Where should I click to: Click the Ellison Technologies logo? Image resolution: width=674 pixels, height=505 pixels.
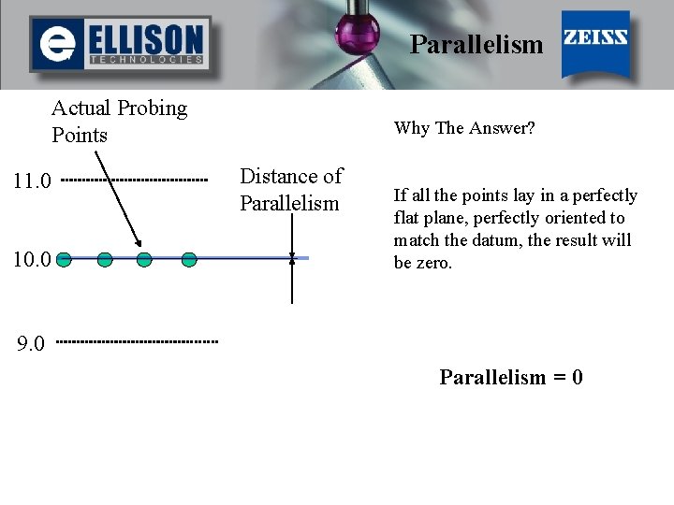click(119, 44)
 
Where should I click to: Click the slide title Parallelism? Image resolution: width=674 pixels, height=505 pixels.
click(476, 44)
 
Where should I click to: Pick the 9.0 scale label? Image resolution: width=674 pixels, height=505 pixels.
click(31, 344)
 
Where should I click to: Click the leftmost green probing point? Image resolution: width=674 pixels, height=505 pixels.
click(63, 259)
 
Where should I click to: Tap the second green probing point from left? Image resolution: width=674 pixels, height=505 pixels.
click(105, 259)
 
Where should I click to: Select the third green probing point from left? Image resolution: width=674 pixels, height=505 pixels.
click(144, 259)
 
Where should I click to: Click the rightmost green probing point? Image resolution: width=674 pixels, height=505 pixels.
click(188, 259)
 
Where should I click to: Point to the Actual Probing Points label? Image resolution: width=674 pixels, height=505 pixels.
click(119, 122)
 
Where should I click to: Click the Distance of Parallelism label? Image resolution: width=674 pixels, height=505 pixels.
click(290, 189)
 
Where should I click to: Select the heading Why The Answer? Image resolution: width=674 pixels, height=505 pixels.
click(464, 128)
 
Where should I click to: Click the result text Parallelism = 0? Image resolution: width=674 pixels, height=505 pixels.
click(511, 378)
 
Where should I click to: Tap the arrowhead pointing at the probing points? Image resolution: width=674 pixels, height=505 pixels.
click(138, 246)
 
